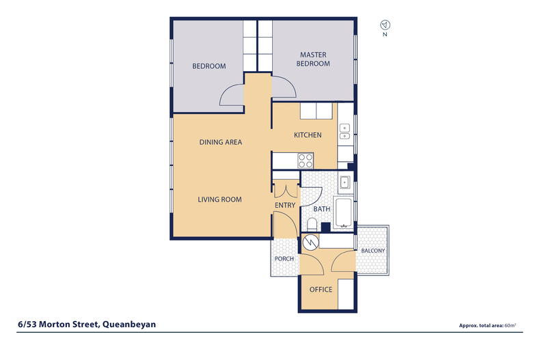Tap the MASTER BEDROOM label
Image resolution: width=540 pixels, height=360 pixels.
coord(314,59)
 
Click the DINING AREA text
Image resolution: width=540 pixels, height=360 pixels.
coord(221,142)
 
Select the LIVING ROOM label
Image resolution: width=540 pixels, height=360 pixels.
coord(220,199)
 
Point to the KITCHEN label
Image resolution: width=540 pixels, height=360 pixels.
coord(307,135)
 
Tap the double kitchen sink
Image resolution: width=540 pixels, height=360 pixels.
coord(345,131)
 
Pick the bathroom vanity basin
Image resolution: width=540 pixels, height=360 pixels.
coord(345,182)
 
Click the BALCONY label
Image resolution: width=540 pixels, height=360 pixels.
coord(373,251)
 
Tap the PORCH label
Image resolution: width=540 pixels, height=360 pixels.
coord(284,259)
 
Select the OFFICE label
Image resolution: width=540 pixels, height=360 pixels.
coord(321,290)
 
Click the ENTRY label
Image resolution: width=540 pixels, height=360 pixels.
coord(284,205)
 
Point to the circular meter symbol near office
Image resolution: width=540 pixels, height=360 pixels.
coord(310,242)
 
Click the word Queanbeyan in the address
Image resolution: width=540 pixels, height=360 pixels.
coord(129,324)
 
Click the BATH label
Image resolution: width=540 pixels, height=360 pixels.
coord(321,209)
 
